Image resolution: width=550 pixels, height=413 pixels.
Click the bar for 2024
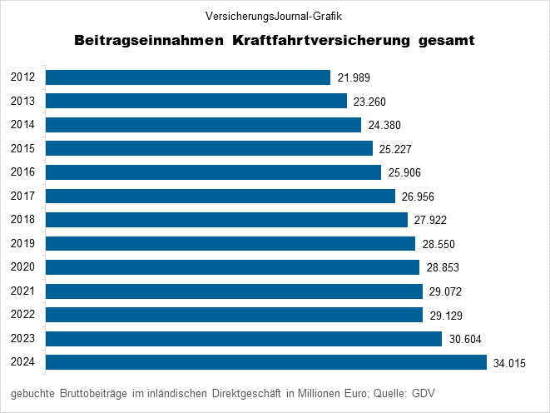[x=265, y=362]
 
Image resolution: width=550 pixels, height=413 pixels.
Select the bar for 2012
[x=188, y=77]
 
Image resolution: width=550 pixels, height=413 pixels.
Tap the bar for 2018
[x=226, y=220]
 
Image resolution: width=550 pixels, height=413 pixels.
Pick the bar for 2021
[x=234, y=291]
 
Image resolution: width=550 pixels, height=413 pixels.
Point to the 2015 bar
[x=209, y=148]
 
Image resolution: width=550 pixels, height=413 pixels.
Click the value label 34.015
[x=509, y=363]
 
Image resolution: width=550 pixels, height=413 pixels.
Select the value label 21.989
[x=354, y=78]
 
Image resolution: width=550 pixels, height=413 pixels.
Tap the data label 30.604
[x=464, y=339]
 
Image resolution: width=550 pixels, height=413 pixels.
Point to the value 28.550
[x=438, y=244]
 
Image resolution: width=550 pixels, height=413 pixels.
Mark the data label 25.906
[x=406, y=173]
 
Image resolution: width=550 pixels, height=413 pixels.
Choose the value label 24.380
[x=384, y=126]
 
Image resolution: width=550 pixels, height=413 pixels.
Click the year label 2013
[x=22, y=101]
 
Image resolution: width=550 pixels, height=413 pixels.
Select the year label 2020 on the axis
[x=22, y=267]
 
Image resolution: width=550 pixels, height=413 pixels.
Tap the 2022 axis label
[x=22, y=315]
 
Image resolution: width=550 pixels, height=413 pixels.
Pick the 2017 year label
[x=22, y=196]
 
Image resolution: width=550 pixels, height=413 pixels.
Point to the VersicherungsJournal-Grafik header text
[x=274, y=15]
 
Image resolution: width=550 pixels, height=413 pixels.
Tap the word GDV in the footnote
[x=424, y=393]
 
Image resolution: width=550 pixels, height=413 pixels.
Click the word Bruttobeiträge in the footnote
[x=94, y=393]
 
